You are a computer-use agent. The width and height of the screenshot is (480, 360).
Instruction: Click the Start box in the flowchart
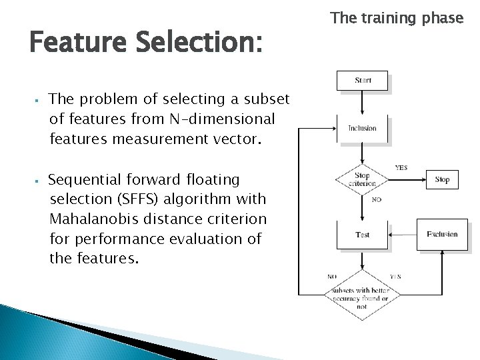(363, 81)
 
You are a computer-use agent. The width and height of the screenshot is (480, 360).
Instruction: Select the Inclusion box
(362, 128)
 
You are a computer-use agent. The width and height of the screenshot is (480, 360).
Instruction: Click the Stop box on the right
(442, 180)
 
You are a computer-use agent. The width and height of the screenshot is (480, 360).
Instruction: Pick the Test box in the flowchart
(362, 235)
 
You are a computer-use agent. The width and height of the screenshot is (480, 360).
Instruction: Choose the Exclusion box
(442, 234)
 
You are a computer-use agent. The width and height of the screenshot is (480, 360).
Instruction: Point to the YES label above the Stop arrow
(403, 168)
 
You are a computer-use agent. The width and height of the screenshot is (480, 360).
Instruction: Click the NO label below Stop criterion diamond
(377, 199)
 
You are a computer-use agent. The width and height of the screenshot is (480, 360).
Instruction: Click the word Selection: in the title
(200, 44)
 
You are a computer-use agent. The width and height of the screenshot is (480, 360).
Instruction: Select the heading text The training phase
(396, 18)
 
